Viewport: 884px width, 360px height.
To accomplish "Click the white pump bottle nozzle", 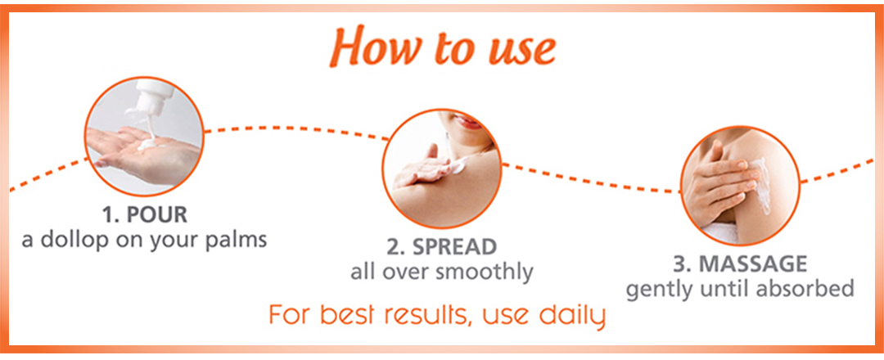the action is pos(151,97).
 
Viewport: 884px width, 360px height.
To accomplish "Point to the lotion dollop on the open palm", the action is pos(147,144).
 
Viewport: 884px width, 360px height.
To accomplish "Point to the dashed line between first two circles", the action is pos(296,129).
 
